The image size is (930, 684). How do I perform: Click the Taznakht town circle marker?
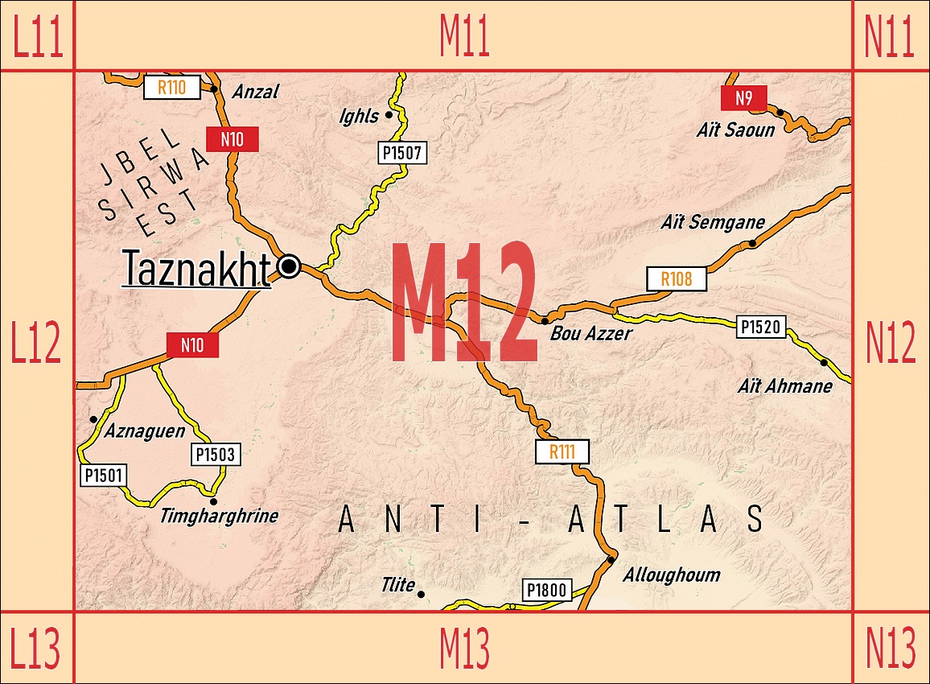289,266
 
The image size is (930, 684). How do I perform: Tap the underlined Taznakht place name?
196,269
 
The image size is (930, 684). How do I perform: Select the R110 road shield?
171,88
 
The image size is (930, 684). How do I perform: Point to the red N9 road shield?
744,98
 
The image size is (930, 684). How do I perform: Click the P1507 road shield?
401,152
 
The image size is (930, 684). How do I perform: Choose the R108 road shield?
677,279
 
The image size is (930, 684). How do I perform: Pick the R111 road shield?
562,451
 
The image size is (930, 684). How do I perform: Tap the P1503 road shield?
216,455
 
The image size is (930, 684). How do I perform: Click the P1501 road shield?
104,475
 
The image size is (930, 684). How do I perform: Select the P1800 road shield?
547,591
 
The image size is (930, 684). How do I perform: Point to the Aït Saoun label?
735,130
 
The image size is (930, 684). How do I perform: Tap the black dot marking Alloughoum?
611,559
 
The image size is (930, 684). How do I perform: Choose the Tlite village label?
398,585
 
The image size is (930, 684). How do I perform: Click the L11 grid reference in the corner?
37,36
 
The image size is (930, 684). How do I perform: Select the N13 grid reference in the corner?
890,648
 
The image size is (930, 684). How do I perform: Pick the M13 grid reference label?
464,648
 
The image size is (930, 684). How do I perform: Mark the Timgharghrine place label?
219,516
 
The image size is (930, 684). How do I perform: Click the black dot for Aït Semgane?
752,243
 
